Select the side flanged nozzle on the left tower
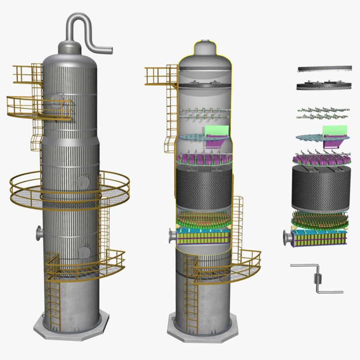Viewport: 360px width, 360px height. pos(40,233)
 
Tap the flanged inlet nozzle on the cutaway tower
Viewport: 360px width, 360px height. pos(172,235)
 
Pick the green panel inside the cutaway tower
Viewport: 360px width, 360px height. pos(217,130)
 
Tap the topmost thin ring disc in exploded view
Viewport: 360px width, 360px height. pos(324,69)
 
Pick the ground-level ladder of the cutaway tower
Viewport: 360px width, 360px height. pos(191,301)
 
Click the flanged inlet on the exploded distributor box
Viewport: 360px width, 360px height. pos(286,237)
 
